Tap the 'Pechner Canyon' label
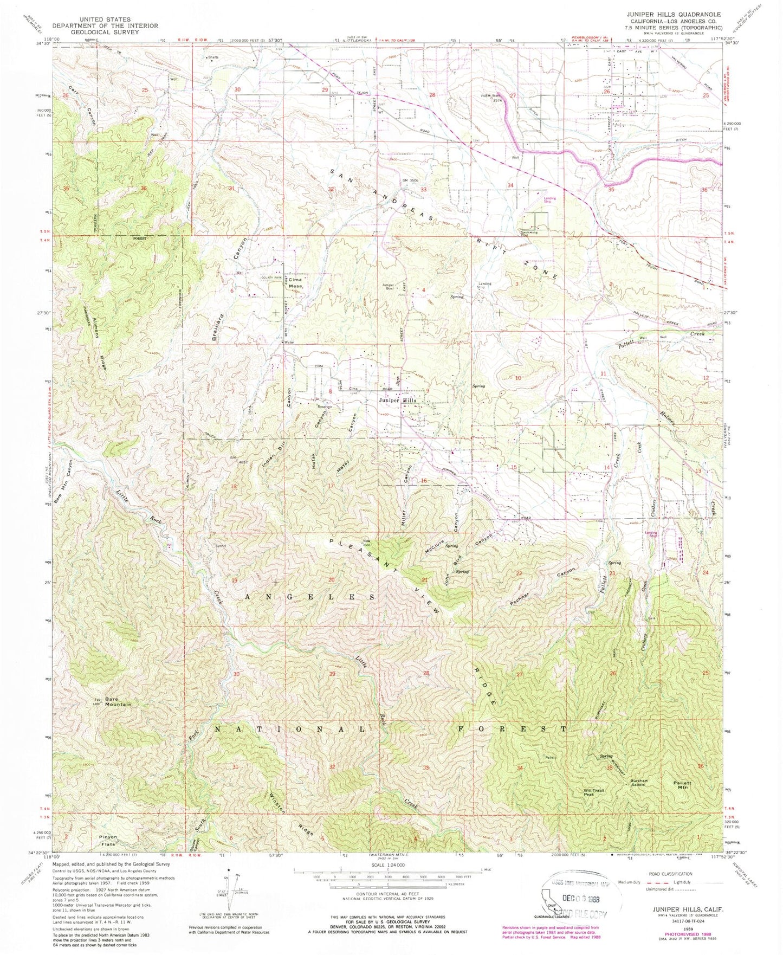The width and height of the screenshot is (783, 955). [542, 588]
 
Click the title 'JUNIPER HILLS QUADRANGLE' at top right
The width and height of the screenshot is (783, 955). [681, 14]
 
